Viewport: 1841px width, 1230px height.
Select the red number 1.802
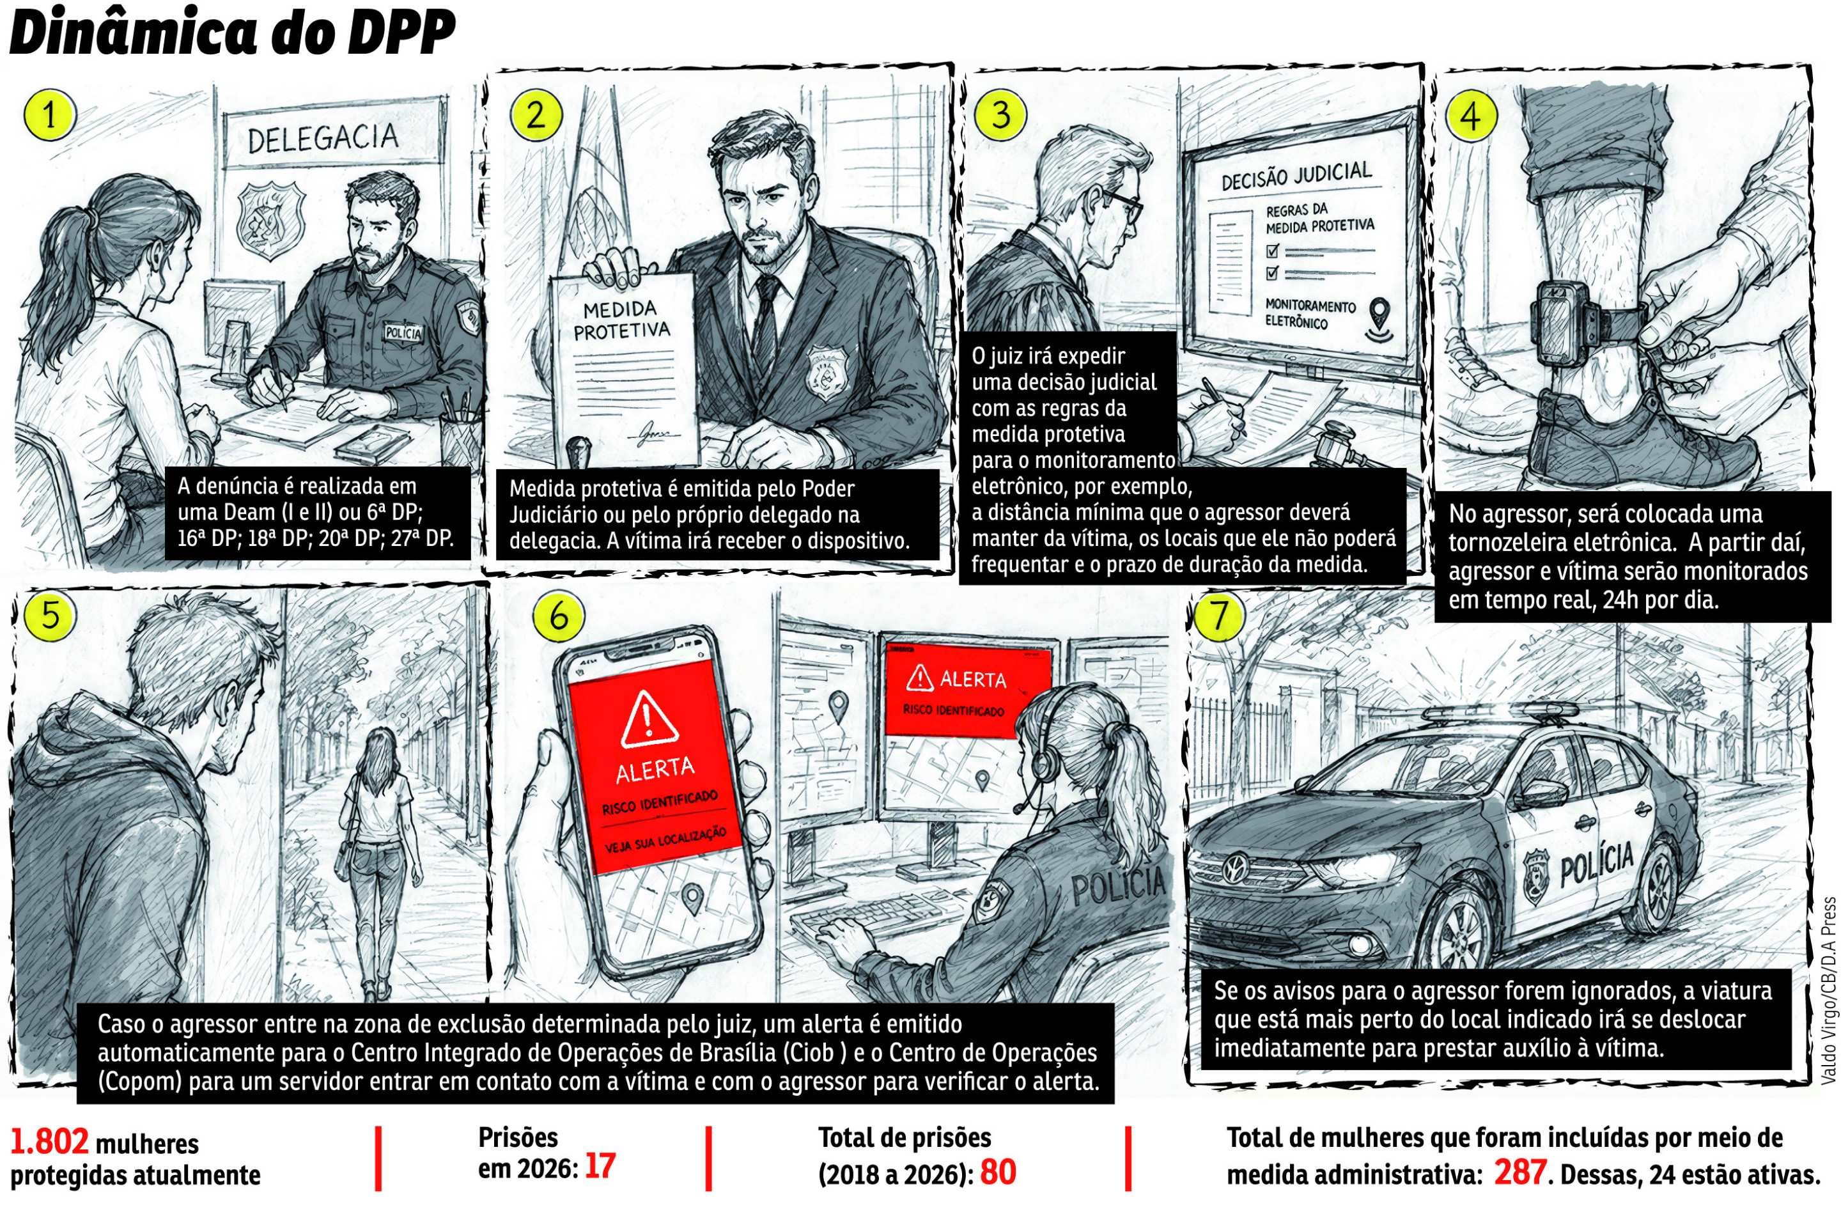pyautogui.click(x=49, y=1143)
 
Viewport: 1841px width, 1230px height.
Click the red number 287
pyautogui.click(x=1519, y=1194)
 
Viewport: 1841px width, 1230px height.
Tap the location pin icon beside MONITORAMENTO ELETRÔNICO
pyautogui.click(x=1375, y=316)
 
